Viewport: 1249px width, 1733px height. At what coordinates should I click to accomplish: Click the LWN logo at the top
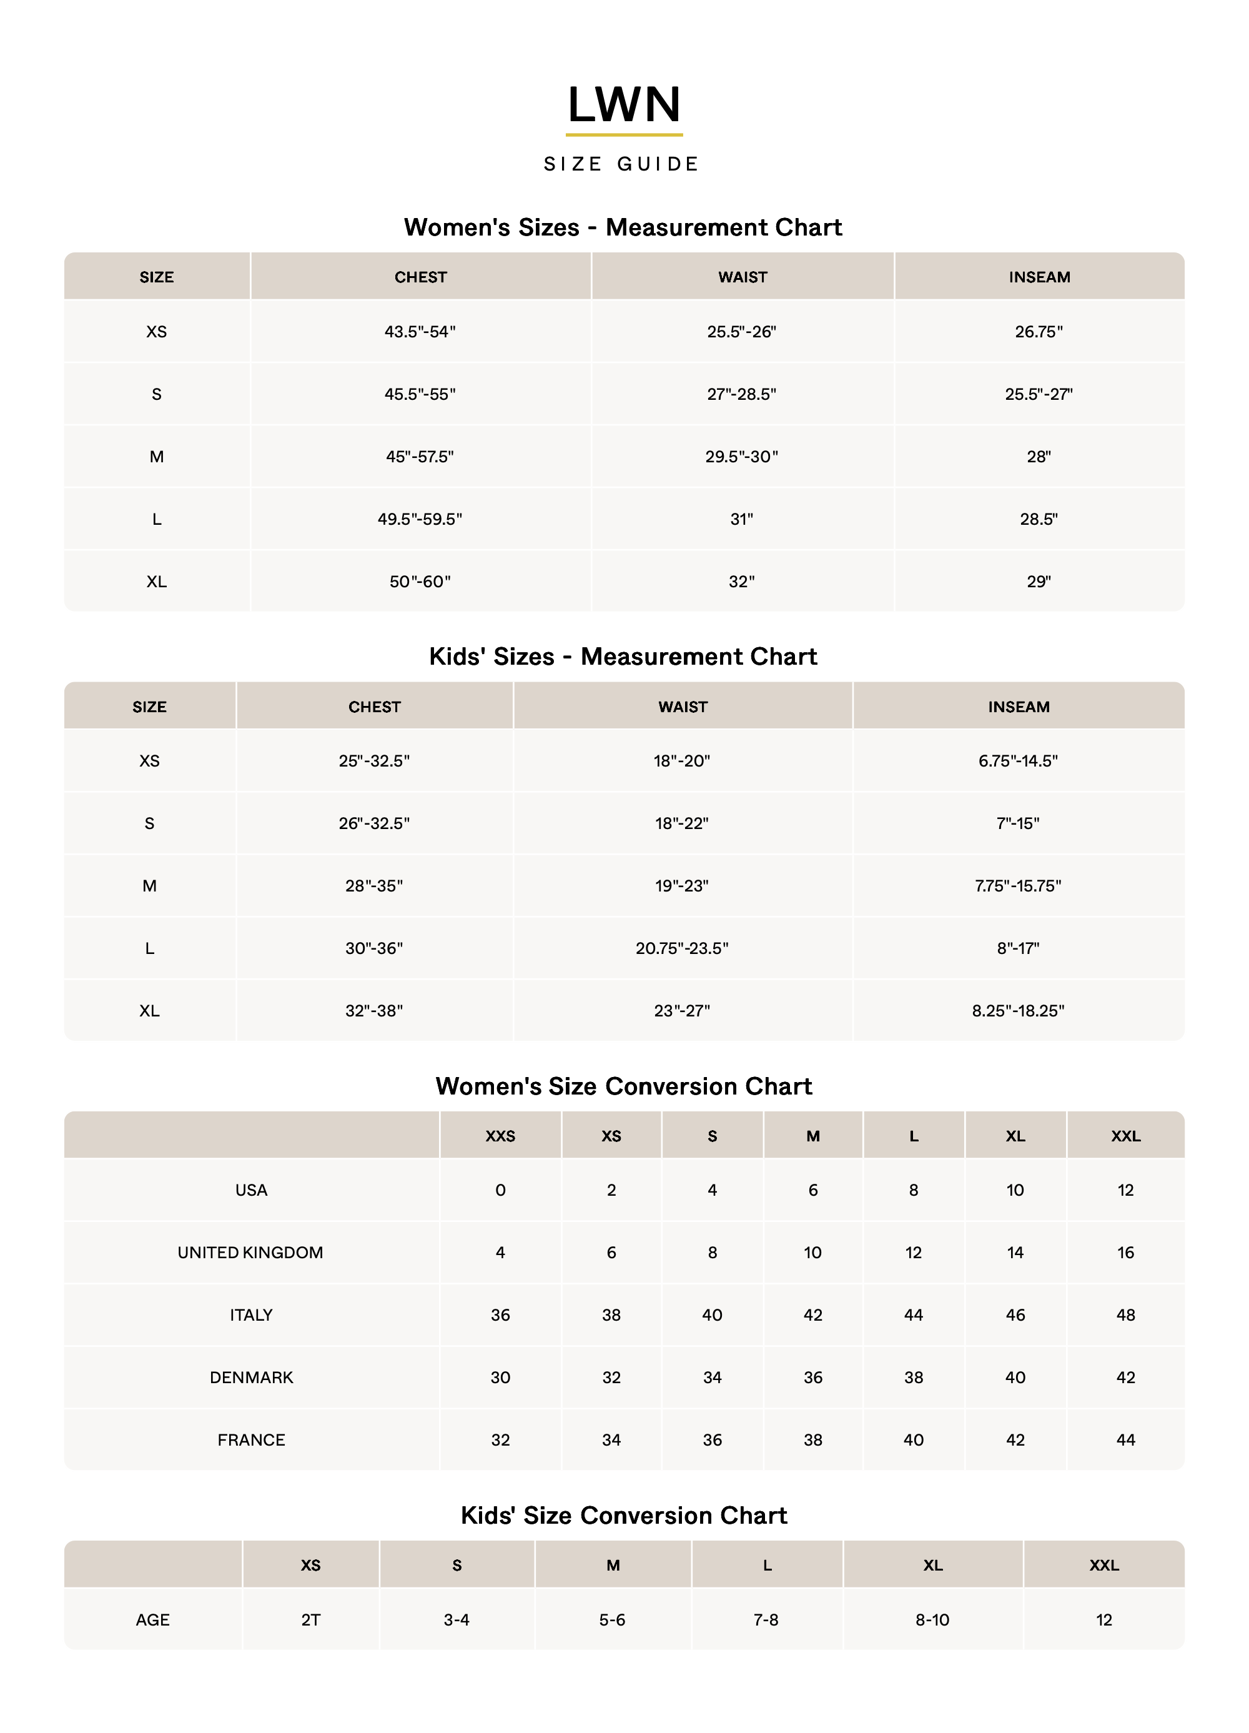tap(623, 105)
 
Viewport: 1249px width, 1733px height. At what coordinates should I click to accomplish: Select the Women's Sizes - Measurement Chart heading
tap(623, 227)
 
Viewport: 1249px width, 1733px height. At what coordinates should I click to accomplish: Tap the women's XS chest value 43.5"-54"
tap(420, 332)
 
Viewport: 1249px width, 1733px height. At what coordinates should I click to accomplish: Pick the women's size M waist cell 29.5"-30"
tap(742, 457)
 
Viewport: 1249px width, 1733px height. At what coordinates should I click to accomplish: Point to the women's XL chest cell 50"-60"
tap(420, 582)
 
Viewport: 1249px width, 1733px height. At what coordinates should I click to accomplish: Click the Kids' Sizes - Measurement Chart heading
tap(623, 657)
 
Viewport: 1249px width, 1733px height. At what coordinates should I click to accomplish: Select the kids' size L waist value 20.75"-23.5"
tap(682, 948)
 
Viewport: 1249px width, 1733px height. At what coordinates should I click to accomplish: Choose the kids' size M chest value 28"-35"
tap(374, 886)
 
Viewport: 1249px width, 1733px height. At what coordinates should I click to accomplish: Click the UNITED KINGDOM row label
tap(250, 1253)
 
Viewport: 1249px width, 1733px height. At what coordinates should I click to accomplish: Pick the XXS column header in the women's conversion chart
tap(500, 1136)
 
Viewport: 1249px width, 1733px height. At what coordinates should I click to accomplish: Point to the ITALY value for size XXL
tap(1125, 1315)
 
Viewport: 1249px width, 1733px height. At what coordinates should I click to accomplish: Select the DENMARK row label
tap(251, 1378)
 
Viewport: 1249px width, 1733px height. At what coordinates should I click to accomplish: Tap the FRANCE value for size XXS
tap(500, 1441)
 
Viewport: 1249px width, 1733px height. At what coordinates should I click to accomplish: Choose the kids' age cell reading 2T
tap(311, 1620)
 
